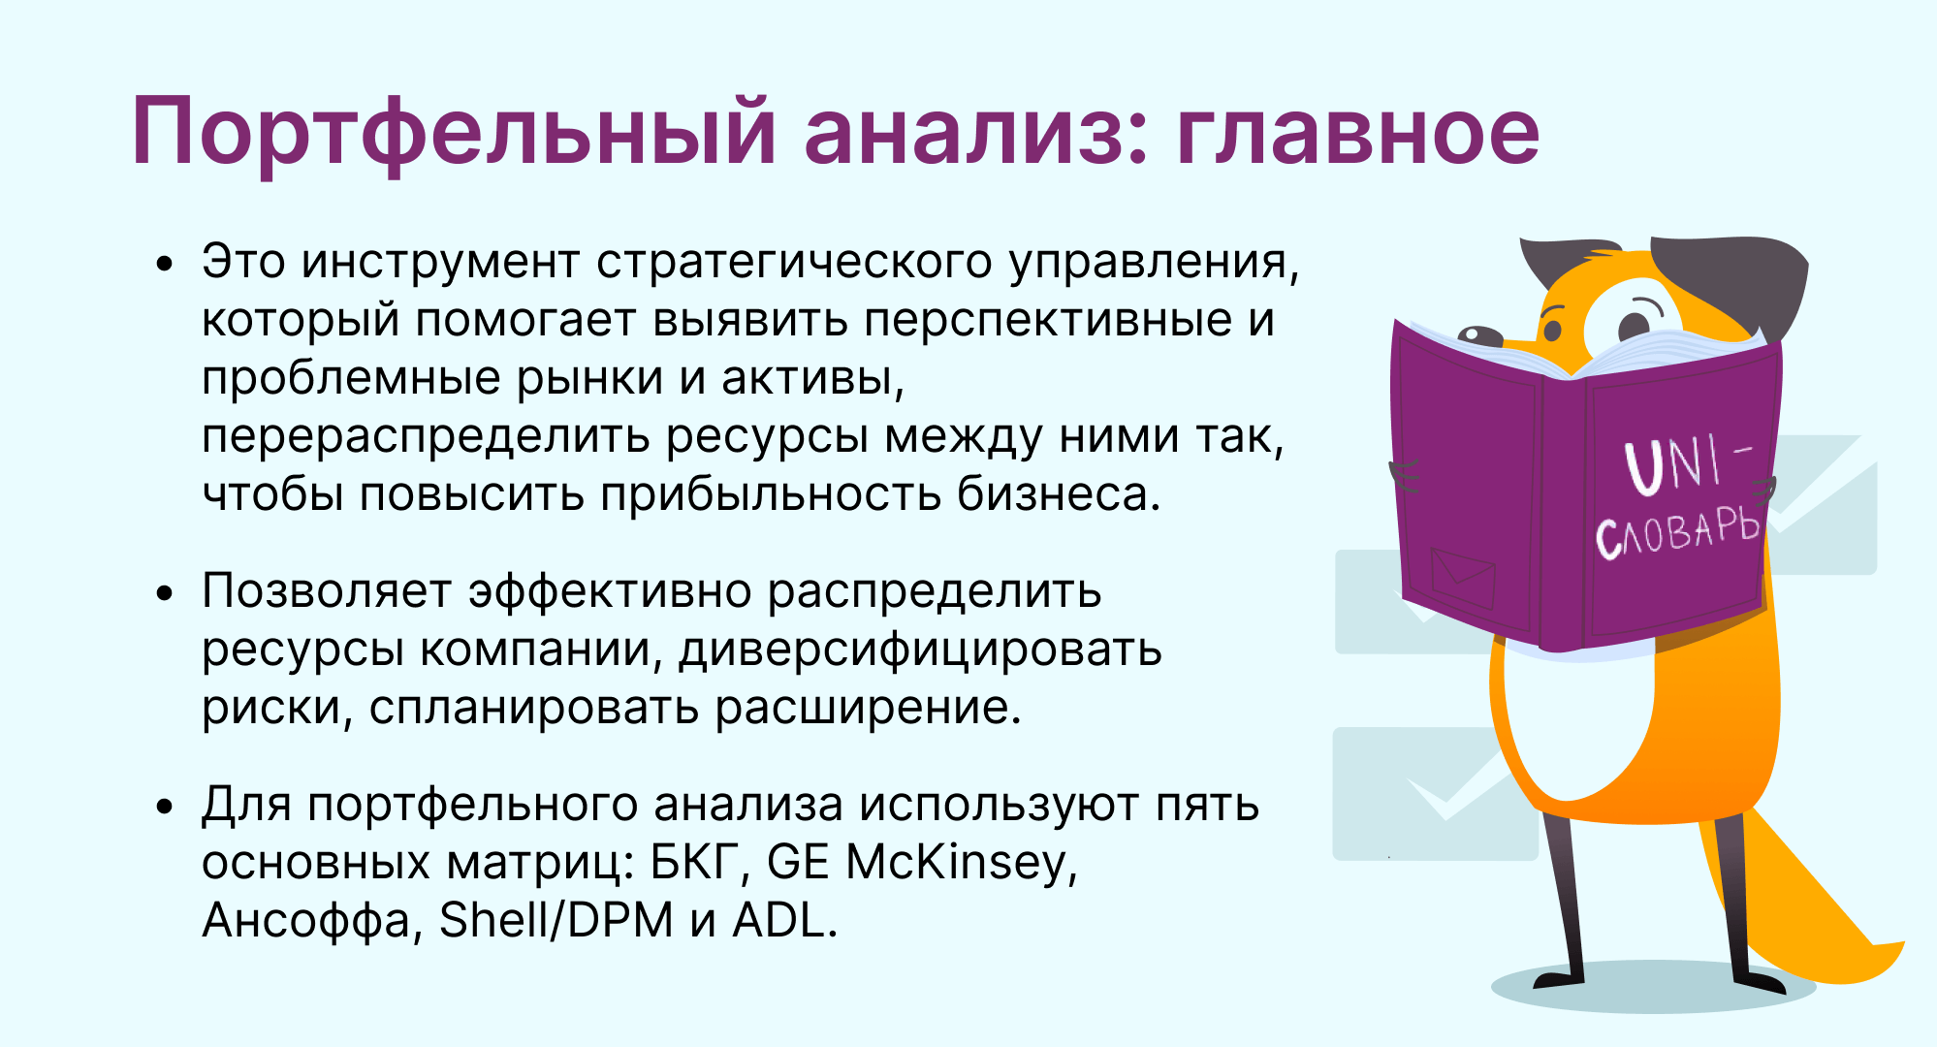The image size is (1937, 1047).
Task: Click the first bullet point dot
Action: (165, 263)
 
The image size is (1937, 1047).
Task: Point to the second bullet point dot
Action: (165, 592)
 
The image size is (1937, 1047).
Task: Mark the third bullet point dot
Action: (165, 806)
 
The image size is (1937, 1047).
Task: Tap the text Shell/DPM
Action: (556, 920)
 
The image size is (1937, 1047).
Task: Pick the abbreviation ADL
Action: (784, 920)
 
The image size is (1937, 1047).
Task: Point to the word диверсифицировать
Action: (920, 650)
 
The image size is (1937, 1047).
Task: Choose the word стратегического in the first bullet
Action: (794, 262)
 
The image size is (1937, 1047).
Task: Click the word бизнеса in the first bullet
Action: (1059, 494)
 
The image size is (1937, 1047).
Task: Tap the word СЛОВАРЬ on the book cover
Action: (1677, 532)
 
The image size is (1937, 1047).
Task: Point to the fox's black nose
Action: (1479, 335)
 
